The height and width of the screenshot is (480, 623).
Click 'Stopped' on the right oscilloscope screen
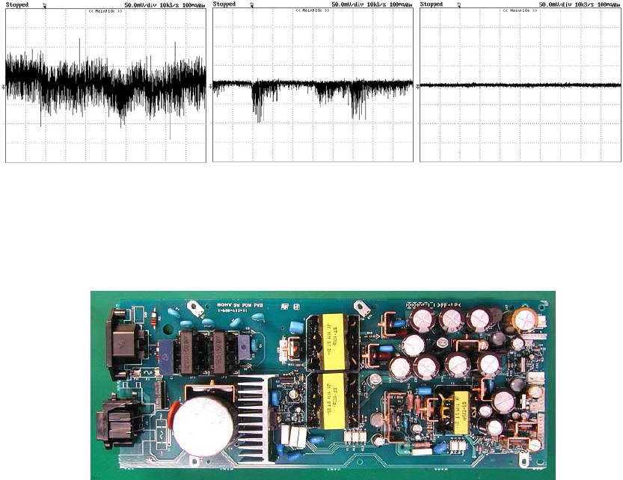coord(432,4)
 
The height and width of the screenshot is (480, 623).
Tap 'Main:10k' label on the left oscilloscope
coord(105,11)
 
